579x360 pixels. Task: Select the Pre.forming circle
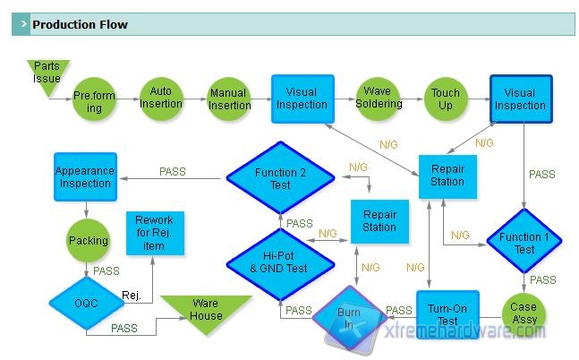click(95, 100)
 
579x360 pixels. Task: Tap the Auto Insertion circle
click(161, 99)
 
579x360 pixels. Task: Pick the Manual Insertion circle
click(229, 99)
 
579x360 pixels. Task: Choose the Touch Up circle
click(446, 99)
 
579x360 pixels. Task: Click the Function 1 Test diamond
click(524, 243)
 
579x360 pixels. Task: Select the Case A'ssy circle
click(524, 313)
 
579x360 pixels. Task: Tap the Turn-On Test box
click(447, 314)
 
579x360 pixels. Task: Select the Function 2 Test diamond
click(280, 178)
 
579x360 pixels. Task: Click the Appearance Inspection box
click(84, 176)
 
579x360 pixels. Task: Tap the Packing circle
click(88, 241)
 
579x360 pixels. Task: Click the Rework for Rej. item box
click(154, 234)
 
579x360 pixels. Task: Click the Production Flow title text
click(80, 25)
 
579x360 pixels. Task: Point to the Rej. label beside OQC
click(132, 296)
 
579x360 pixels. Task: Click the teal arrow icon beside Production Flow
click(21, 25)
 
